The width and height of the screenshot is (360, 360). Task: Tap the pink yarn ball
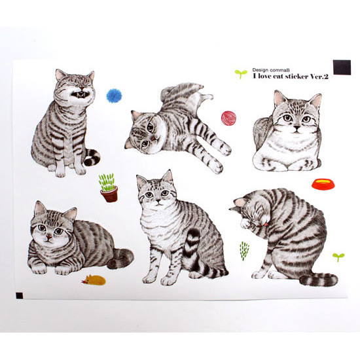pyautogui.click(x=228, y=118)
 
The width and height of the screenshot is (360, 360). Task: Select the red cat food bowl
pyautogui.click(x=323, y=183)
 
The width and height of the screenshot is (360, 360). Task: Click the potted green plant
pyautogui.click(x=109, y=188)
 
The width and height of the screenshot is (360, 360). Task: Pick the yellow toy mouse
pyautogui.click(x=94, y=280)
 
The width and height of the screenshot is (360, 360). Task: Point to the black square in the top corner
pyautogui.click(x=342, y=67)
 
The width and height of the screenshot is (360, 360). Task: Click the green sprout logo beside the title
pyautogui.click(x=241, y=73)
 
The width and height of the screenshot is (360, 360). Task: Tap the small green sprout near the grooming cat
pyautogui.click(x=338, y=257)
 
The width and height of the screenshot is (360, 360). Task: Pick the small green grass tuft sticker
pyautogui.click(x=244, y=250)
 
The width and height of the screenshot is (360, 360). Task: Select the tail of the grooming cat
pyautogui.click(x=319, y=279)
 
